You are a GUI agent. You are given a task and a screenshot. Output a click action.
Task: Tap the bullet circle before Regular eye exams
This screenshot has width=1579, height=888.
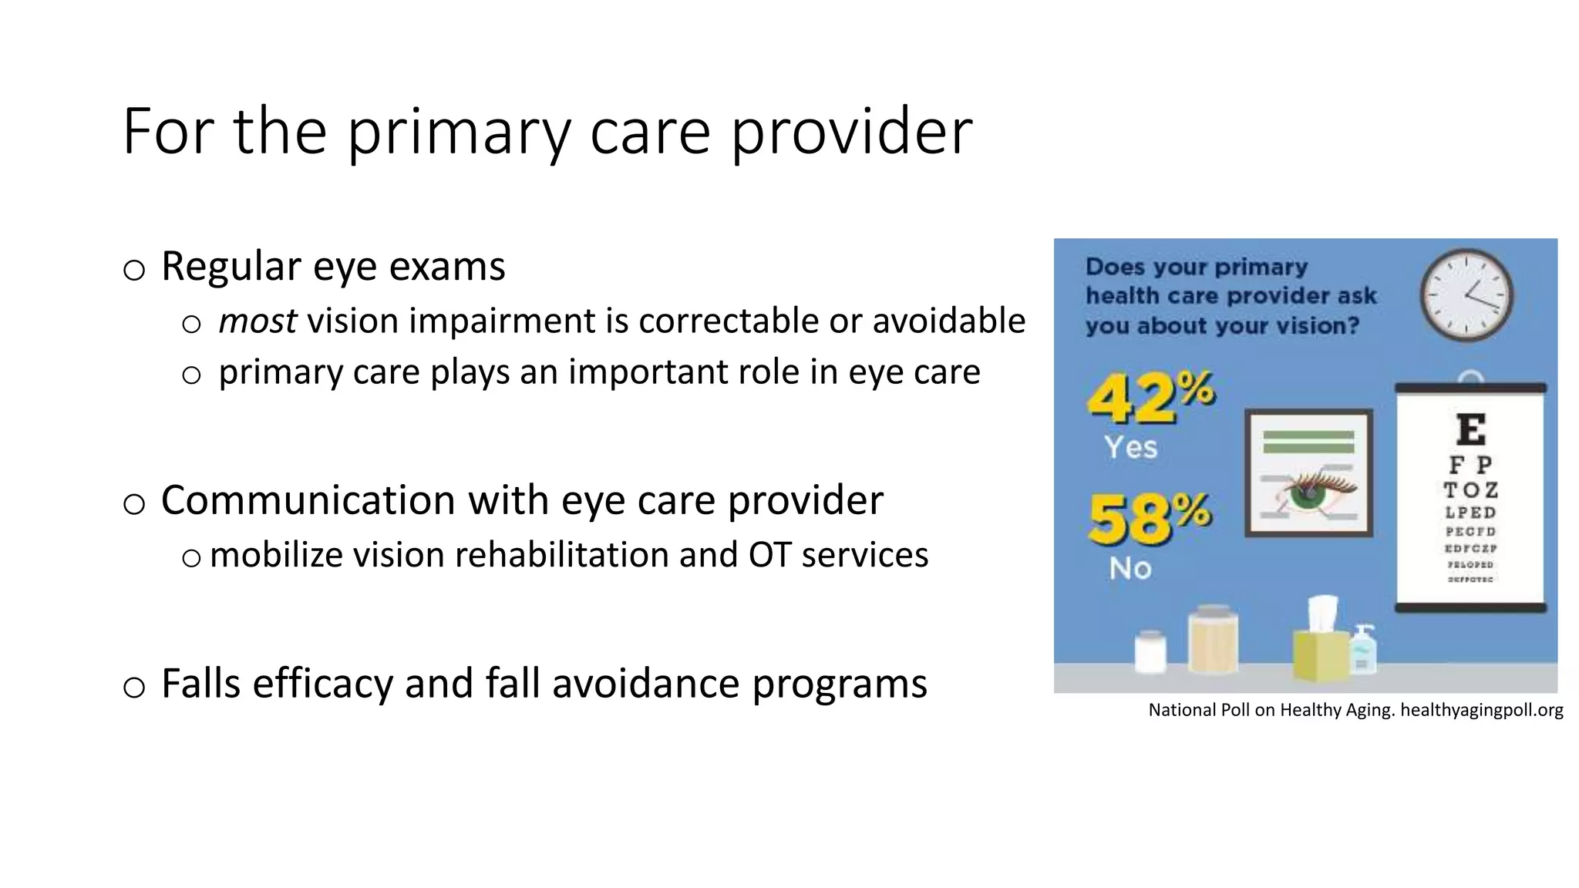(134, 270)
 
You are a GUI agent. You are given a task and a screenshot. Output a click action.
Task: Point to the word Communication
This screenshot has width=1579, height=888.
(308, 501)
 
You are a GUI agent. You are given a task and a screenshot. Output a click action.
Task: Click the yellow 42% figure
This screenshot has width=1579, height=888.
(1149, 397)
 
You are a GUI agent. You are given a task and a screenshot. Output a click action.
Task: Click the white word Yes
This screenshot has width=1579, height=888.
(1130, 447)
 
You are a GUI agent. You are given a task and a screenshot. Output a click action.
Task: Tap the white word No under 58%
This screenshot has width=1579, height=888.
(1130, 569)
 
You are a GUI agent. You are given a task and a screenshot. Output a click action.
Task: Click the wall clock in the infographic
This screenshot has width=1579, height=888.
(1466, 295)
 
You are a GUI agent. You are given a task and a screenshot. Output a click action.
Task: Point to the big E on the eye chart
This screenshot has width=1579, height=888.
(1471, 429)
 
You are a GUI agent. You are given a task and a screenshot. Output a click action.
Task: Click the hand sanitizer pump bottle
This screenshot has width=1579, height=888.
(1362, 651)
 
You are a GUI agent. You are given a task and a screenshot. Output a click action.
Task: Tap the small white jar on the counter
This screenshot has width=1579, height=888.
(1150, 653)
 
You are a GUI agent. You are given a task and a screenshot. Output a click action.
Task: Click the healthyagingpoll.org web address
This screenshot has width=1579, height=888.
(1481, 710)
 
